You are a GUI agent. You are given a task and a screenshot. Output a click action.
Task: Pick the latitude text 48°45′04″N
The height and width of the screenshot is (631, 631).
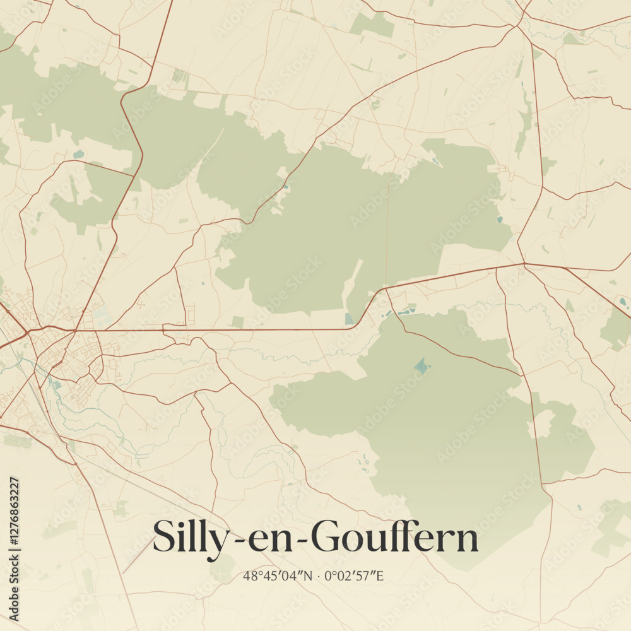click(x=278, y=575)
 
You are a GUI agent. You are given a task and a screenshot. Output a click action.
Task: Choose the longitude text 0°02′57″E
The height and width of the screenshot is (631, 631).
click(x=355, y=575)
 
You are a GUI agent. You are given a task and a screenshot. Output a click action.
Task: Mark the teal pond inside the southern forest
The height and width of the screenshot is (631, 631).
click(x=421, y=365)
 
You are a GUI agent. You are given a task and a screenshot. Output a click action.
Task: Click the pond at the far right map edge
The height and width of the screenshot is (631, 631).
click(x=623, y=302)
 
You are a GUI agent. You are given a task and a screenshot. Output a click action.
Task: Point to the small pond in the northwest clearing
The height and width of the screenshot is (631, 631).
click(x=78, y=154)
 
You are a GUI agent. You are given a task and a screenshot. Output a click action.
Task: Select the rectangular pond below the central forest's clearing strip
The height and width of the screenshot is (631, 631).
click(x=349, y=319)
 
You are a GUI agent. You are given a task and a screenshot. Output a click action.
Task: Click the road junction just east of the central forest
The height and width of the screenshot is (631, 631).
click(x=524, y=263)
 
